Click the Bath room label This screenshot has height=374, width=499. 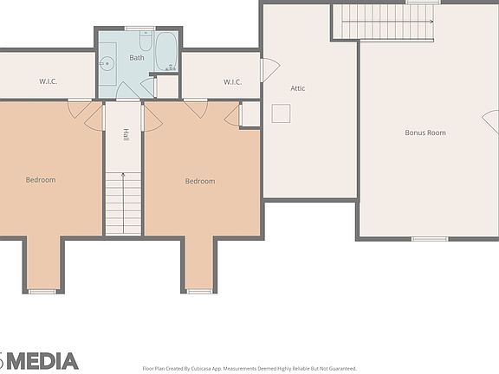coord(137,58)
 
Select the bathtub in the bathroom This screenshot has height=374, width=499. coord(165,51)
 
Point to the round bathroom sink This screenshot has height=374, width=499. coord(107,63)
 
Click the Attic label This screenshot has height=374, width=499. coord(297,88)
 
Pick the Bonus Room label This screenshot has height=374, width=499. coord(425,132)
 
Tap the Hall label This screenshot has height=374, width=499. coord(126,135)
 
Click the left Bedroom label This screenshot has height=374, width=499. coord(40,180)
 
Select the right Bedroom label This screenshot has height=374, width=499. coord(199,181)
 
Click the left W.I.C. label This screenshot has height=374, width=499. coord(48,82)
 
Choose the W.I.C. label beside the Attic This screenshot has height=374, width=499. coord(232,82)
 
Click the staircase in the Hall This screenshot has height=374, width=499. coord(123,203)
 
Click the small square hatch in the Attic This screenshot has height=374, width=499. coord(281,113)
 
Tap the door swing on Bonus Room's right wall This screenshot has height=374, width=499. coord(491,122)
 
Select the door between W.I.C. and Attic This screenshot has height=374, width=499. coord(269,69)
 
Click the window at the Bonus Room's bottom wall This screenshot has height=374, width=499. coord(429,238)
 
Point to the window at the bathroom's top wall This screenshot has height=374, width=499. coord(139,29)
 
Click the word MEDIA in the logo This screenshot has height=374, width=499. coord(42,361)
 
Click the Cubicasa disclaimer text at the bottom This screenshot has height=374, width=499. coord(249,368)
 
